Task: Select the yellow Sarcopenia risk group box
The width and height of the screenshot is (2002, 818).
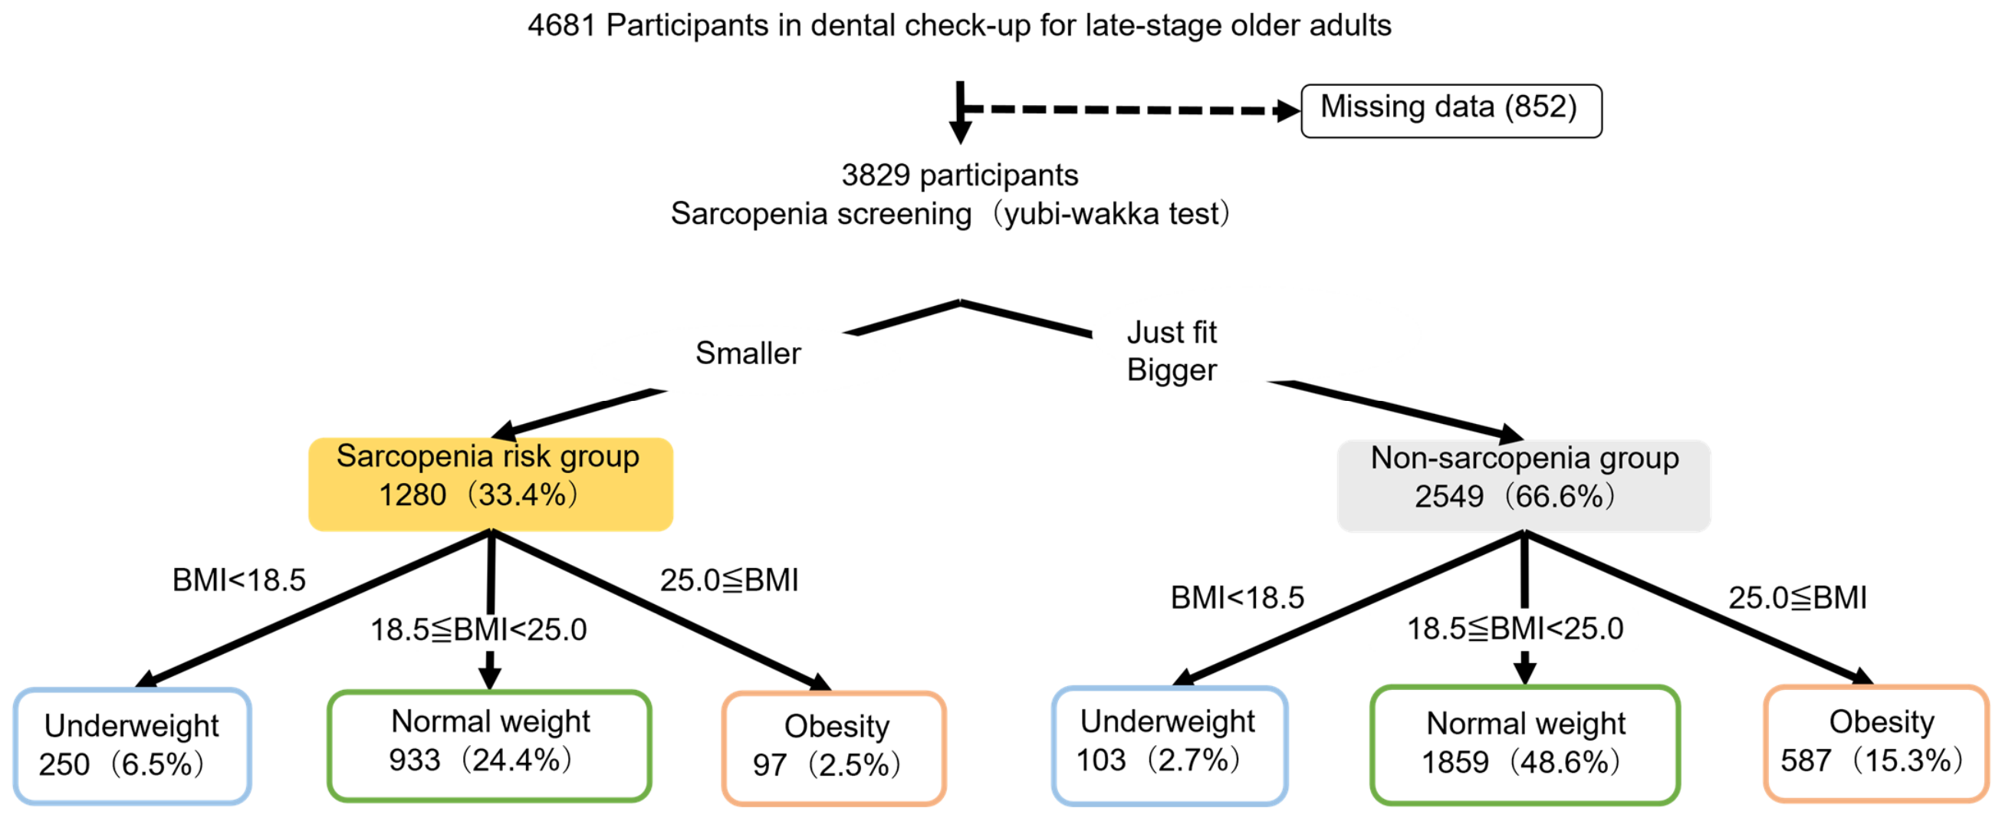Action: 491,484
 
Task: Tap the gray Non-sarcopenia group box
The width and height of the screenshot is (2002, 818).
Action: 1524,485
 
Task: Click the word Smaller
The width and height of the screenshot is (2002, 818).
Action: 748,353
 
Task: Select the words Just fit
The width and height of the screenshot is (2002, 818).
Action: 1171,333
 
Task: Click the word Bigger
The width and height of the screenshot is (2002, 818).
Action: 1171,370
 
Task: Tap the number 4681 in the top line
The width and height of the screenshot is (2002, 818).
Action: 561,25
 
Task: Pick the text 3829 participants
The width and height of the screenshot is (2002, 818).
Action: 960,176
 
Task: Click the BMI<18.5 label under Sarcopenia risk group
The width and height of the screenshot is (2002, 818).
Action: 238,580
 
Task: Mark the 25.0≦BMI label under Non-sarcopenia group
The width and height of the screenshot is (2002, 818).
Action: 1797,598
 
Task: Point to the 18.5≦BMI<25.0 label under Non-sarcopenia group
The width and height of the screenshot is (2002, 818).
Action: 1514,629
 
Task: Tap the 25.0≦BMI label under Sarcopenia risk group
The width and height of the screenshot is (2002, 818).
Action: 729,580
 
